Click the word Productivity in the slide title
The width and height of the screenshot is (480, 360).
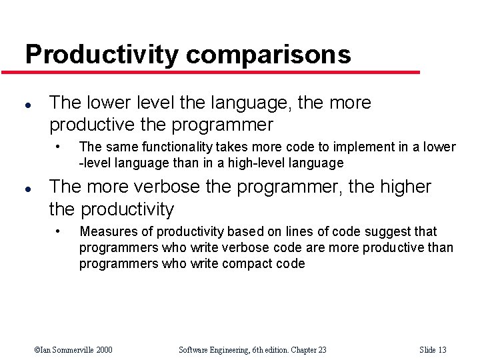pyautogui.click(x=101, y=55)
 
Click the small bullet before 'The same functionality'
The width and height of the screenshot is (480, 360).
pyautogui.click(x=59, y=146)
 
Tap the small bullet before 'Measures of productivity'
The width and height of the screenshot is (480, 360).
pyautogui.click(x=59, y=231)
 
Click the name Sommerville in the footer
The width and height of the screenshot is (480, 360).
pyautogui.click(x=70, y=350)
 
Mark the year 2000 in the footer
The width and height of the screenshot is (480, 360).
pyautogui.click(x=103, y=350)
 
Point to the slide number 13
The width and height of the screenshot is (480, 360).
pyautogui.click(x=441, y=350)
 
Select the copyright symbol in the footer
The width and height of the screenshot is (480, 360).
pyautogui.click(x=37, y=350)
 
